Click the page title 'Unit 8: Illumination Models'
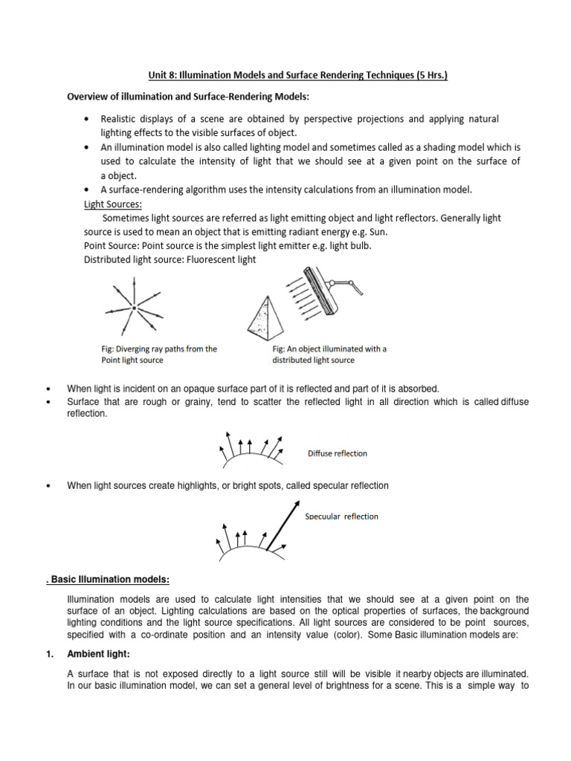tap(223, 75)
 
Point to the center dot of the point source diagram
tap(132, 307)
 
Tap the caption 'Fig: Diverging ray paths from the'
tap(158, 349)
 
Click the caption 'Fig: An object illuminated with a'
tap(329, 349)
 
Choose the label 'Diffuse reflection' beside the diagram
tap(337, 453)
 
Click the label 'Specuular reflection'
tap(341, 516)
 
